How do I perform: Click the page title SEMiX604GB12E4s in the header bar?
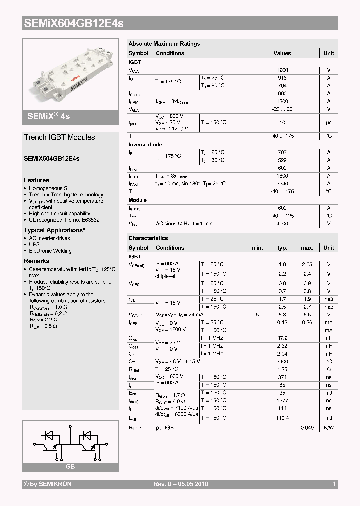[x=73, y=23]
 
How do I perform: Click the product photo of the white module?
[x=70, y=74]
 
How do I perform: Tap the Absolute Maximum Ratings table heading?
[x=164, y=44]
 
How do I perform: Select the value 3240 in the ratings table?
[x=282, y=184]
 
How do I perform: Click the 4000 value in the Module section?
[x=282, y=224]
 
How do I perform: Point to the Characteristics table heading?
[x=148, y=238]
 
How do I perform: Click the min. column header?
[x=257, y=248]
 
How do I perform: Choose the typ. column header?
[x=282, y=248]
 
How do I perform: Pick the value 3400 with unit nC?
[x=282, y=361]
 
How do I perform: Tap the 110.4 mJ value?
[x=282, y=418]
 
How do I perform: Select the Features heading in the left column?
[x=36, y=180]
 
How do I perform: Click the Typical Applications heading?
[x=54, y=230]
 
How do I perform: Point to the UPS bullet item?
[x=34, y=245]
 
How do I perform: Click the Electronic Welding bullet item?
[x=50, y=251]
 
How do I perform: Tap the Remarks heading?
[x=37, y=261]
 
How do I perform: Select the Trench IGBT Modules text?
[x=59, y=137]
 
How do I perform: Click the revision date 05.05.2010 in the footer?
[x=192, y=484]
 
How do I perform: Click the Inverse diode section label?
[x=145, y=145]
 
